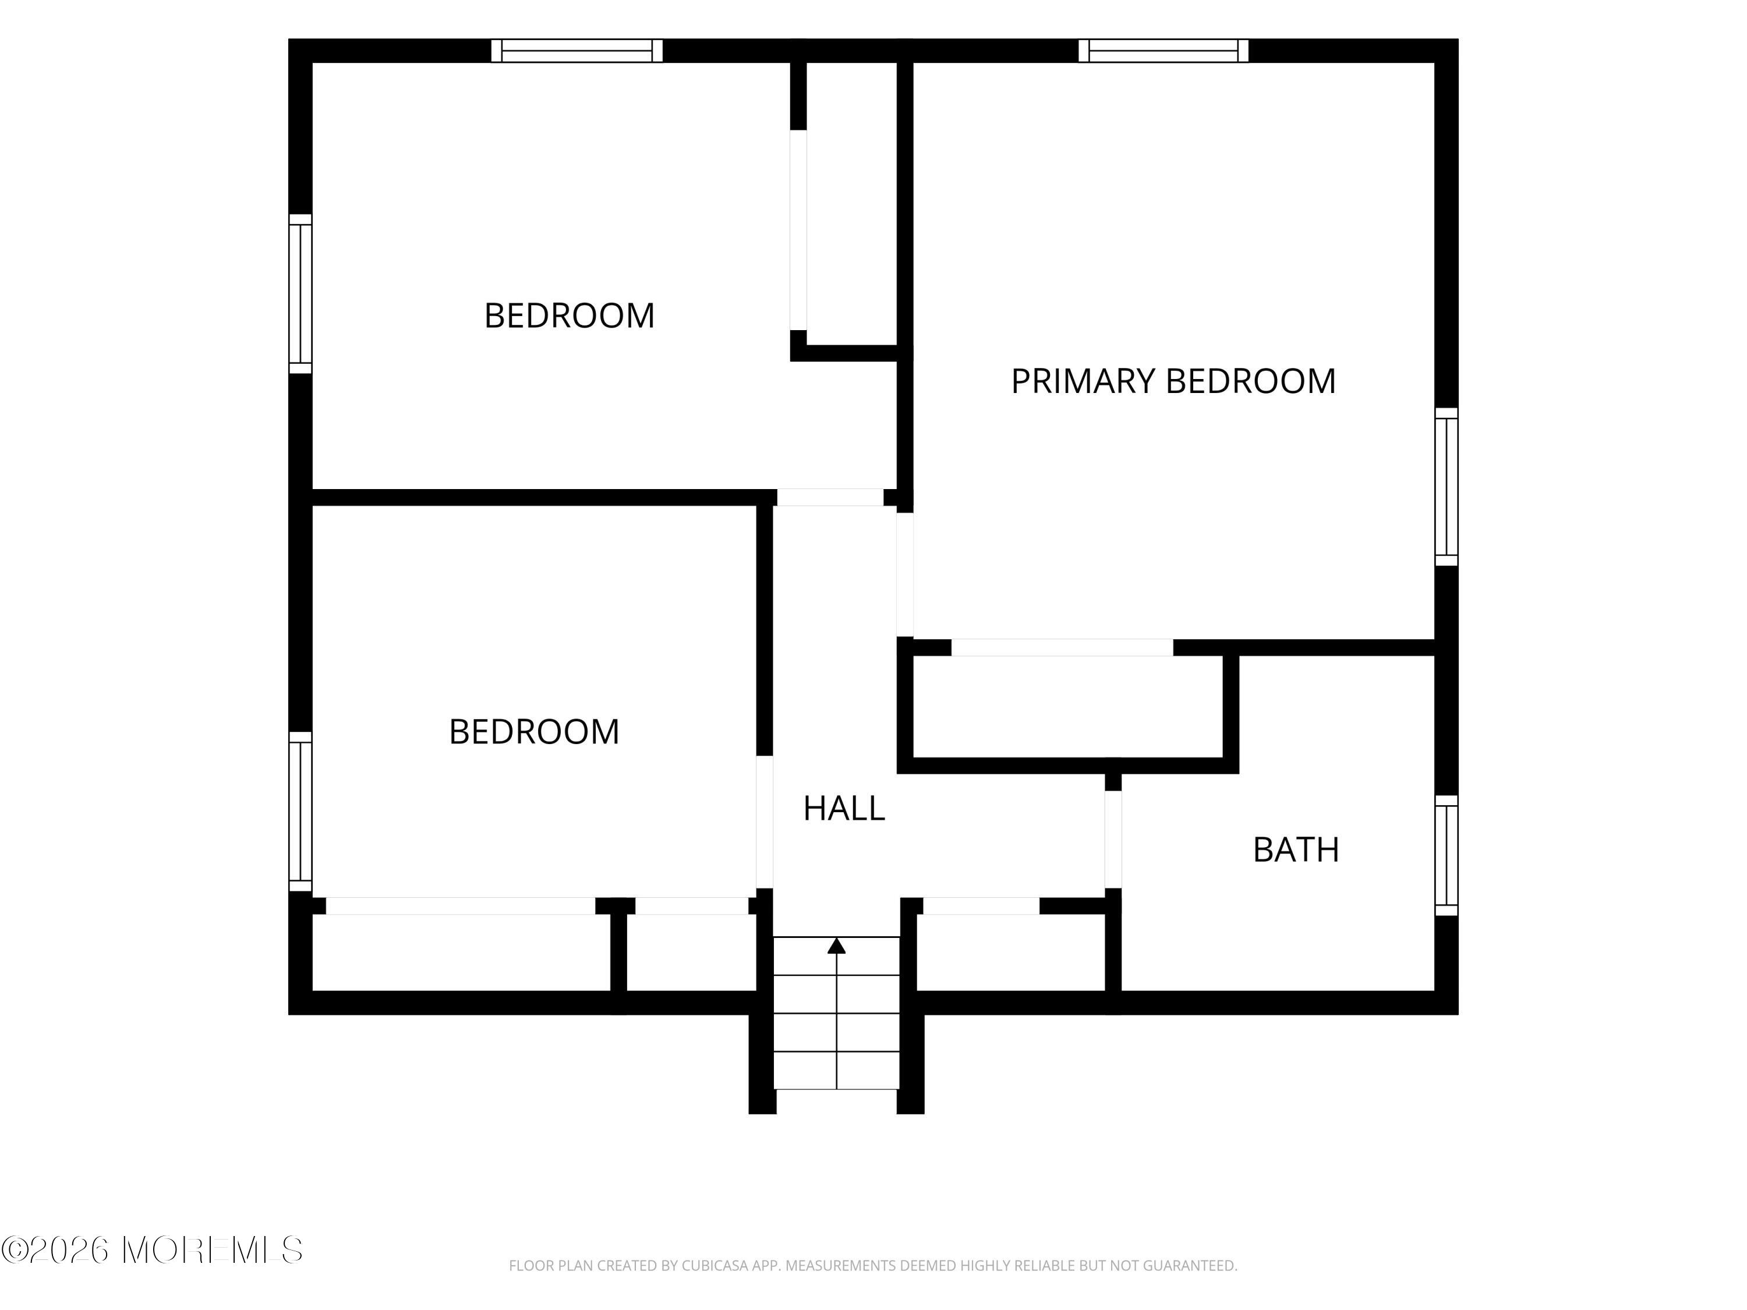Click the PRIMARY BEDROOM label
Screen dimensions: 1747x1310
tap(1173, 381)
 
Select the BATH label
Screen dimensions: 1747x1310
tap(1296, 849)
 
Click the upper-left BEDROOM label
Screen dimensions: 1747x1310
tap(570, 316)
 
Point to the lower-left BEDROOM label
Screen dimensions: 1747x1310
tap(534, 732)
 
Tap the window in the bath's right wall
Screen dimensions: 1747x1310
tap(1446, 855)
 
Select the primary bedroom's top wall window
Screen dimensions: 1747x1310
tap(1164, 51)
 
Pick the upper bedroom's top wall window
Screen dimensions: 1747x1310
tap(577, 51)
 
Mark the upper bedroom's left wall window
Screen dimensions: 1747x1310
tap(300, 294)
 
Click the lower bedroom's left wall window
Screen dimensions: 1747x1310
tap(300, 812)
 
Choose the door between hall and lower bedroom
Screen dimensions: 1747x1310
tap(765, 822)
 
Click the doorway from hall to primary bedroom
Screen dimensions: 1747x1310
tap(905, 575)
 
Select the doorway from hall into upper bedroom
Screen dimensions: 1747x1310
tap(830, 497)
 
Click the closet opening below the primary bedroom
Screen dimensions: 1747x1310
tap(1062, 647)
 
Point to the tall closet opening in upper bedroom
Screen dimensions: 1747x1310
tap(798, 230)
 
